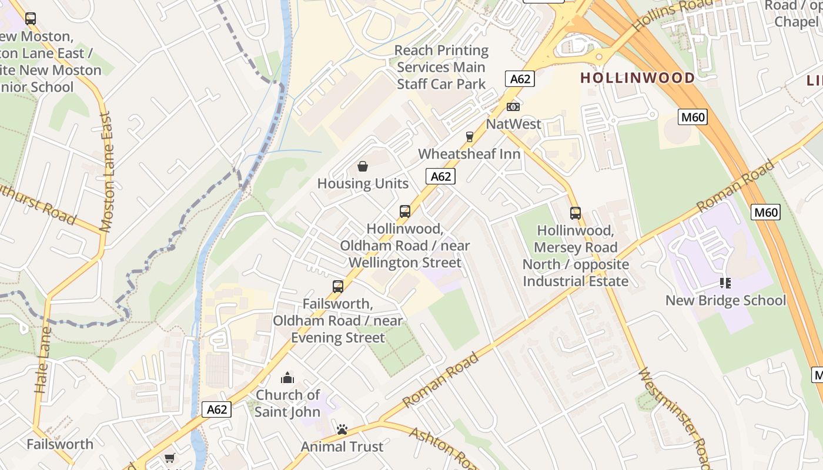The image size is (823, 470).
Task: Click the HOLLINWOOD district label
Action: click(x=637, y=78)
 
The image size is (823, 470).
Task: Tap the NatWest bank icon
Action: click(x=513, y=107)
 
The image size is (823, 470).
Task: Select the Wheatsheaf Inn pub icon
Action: click(x=469, y=137)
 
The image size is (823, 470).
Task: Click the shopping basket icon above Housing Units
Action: click(x=363, y=166)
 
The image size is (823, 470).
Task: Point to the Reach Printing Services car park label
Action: click(x=441, y=67)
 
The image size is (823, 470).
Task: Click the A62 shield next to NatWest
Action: click(x=520, y=79)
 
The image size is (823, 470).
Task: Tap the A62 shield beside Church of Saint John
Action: click(x=216, y=409)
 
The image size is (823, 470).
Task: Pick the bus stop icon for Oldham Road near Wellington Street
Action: click(x=405, y=211)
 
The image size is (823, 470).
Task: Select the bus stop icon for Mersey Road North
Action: click(x=576, y=213)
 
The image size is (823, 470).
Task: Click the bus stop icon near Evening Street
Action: click(x=338, y=287)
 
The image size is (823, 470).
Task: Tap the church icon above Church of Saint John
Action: click(x=287, y=378)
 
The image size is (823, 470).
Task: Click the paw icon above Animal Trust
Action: click(x=342, y=430)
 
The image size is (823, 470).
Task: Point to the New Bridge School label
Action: click(x=725, y=300)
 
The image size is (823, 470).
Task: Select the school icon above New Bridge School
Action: click(x=725, y=284)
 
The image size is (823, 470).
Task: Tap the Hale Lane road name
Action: click(x=42, y=360)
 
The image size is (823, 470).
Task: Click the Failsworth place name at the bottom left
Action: click(x=60, y=444)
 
